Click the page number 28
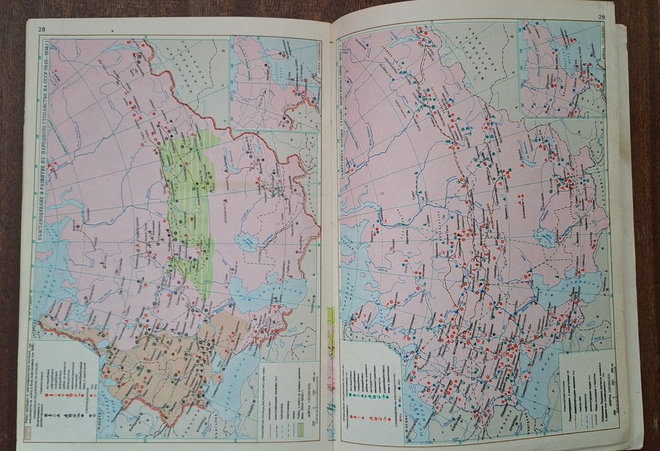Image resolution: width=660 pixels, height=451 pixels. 42,28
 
